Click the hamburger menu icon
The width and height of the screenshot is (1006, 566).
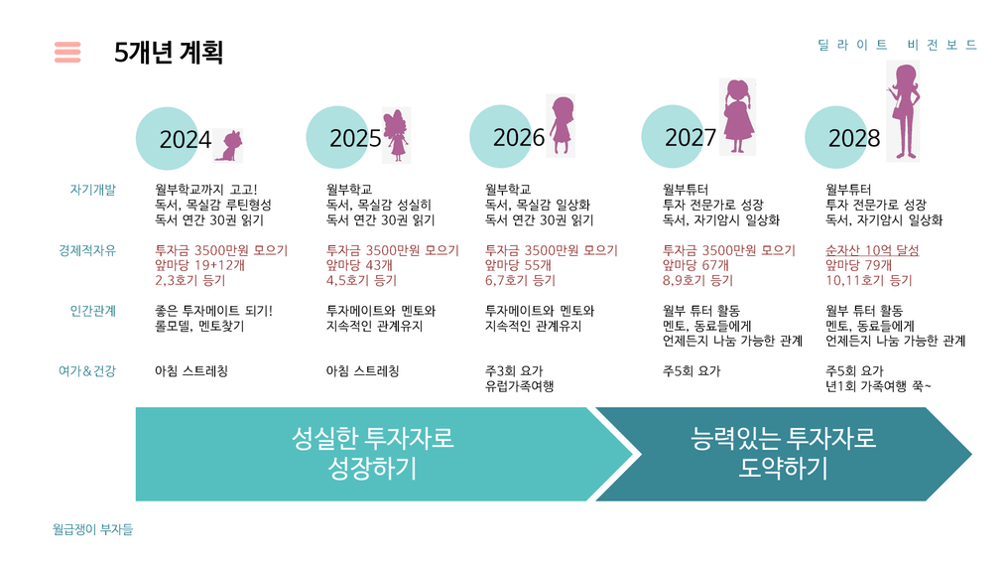coord(67,52)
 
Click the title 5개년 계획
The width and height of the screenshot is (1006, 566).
coord(169,52)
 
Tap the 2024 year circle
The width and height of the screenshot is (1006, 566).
coord(168,139)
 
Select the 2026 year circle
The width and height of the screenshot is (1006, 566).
coord(502,137)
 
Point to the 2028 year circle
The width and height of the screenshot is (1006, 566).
coord(836,137)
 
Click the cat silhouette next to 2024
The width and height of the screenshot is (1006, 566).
coord(229,146)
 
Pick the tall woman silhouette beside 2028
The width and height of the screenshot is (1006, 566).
coord(904,111)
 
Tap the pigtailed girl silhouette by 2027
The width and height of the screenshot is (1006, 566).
coord(738,117)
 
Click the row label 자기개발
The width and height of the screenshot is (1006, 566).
coord(93,190)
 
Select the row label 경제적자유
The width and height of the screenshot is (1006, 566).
coord(87,250)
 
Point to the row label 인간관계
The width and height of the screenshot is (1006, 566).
coord(93,311)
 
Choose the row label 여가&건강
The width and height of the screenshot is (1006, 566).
coord(87,371)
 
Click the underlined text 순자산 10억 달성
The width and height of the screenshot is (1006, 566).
coord(872,250)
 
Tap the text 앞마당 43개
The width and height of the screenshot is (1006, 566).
coord(359,265)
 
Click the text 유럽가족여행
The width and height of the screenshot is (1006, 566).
coord(519,386)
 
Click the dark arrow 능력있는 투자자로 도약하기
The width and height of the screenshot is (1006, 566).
coord(784,454)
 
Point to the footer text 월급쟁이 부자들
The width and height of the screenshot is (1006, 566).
coord(93,529)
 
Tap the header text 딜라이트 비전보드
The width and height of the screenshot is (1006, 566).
coord(897,45)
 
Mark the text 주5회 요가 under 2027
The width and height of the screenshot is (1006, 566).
coord(692,371)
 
